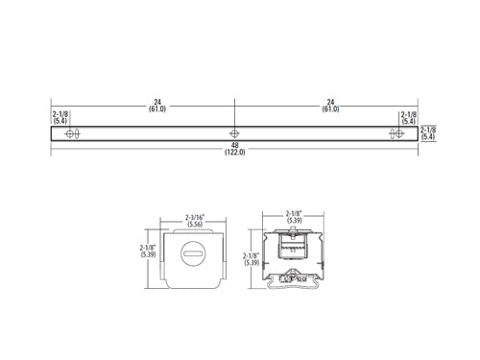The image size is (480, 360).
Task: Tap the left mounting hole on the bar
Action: click(x=70, y=133)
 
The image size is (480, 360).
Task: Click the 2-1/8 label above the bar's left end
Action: click(x=60, y=114)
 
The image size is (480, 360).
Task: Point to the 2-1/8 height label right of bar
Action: click(x=428, y=130)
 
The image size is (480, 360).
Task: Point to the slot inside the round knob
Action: click(x=194, y=255)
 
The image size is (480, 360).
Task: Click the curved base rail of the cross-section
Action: click(x=293, y=281)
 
